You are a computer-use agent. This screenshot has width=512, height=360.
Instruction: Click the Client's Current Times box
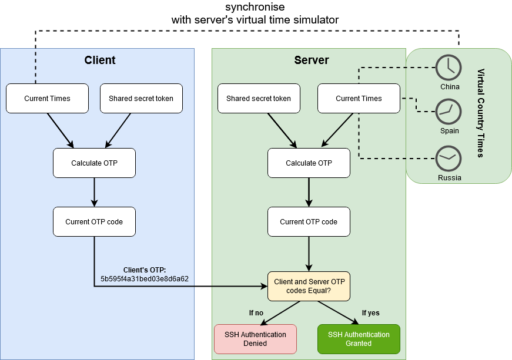tap(47, 99)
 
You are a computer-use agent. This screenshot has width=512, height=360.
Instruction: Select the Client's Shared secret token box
tap(141, 99)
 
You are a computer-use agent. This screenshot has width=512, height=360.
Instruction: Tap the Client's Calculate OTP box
tap(94, 163)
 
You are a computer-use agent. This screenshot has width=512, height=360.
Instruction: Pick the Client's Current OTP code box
tap(94, 221)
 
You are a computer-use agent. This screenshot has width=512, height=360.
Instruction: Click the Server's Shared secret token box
tap(259, 99)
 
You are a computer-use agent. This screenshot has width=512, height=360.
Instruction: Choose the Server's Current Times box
tap(359, 99)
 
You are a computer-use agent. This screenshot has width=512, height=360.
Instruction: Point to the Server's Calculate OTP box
tap(309, 163)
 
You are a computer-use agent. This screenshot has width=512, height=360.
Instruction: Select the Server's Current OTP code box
tap(309, 221)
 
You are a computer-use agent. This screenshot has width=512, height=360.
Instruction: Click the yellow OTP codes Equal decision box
tap(309, 286)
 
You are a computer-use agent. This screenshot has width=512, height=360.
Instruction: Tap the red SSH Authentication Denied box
tap(255, 339)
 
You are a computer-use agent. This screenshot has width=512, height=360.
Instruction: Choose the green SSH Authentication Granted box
tap(359, 339)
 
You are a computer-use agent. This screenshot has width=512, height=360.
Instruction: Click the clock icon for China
tap(449, 67)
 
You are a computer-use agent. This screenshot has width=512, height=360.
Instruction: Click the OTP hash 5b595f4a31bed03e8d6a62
tap(145, 278)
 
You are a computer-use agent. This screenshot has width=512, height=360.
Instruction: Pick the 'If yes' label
tap(370, 312)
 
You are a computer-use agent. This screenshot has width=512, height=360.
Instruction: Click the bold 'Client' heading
tap(100, 60)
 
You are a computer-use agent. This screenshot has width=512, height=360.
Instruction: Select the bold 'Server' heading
tap(312, 60)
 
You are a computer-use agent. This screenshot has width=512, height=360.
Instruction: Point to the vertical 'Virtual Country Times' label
tap(480, 113)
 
